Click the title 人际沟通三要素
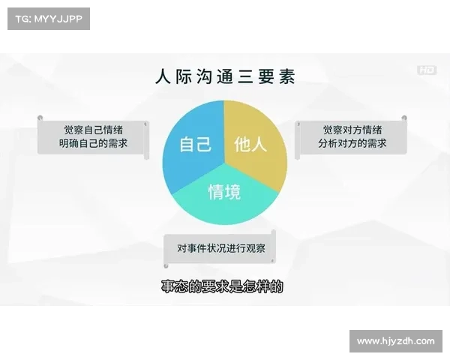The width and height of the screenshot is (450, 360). click(224, 76)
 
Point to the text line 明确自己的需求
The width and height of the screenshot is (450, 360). click(94, 142)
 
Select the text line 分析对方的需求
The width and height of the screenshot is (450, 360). click(352, 142)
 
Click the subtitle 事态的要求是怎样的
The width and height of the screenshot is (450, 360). click(223, 286)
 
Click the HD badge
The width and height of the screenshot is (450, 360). click(427, 70)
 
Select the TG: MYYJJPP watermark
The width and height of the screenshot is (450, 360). click(48, 19)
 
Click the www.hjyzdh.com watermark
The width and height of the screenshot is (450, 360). click(395, 341)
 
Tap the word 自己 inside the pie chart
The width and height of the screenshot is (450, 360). click(195, 144)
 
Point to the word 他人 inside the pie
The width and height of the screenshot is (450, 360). click(250, 144)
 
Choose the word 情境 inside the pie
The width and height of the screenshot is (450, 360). click(224, 192)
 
